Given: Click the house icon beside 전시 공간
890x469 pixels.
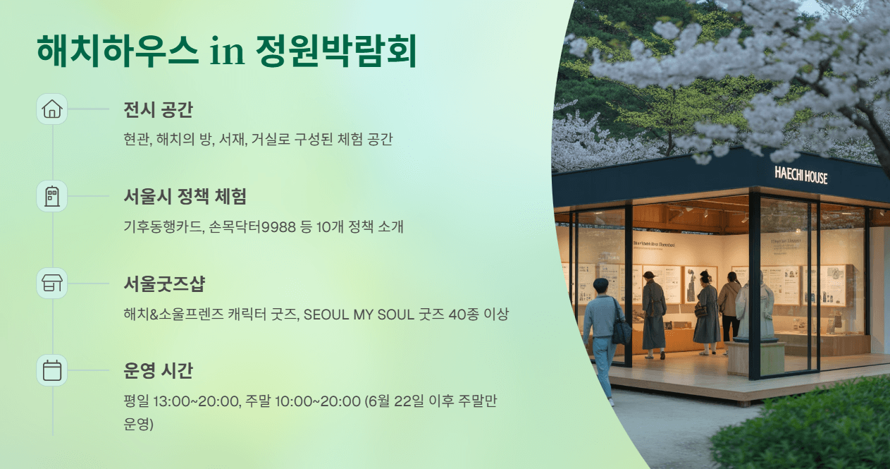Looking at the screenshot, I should point(52,109).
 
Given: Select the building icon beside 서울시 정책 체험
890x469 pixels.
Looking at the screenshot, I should point(52,196).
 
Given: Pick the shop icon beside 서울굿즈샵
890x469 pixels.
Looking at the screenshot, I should point(52,284).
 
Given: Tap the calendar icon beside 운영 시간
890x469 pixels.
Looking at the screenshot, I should point(52,370).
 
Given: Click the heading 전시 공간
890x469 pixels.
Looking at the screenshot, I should point(158,110).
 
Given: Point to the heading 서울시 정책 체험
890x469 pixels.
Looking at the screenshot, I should point(185,197).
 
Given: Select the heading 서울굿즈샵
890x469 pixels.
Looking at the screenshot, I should point(164,284).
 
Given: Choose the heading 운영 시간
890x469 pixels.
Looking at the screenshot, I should point(158,371).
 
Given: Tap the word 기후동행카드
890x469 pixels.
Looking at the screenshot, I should point(161,226).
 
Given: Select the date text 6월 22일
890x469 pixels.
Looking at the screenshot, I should point(400,401).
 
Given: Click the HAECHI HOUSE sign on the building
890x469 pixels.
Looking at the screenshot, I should point(801,175).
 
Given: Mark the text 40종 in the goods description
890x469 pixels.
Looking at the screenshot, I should point(462,314).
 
